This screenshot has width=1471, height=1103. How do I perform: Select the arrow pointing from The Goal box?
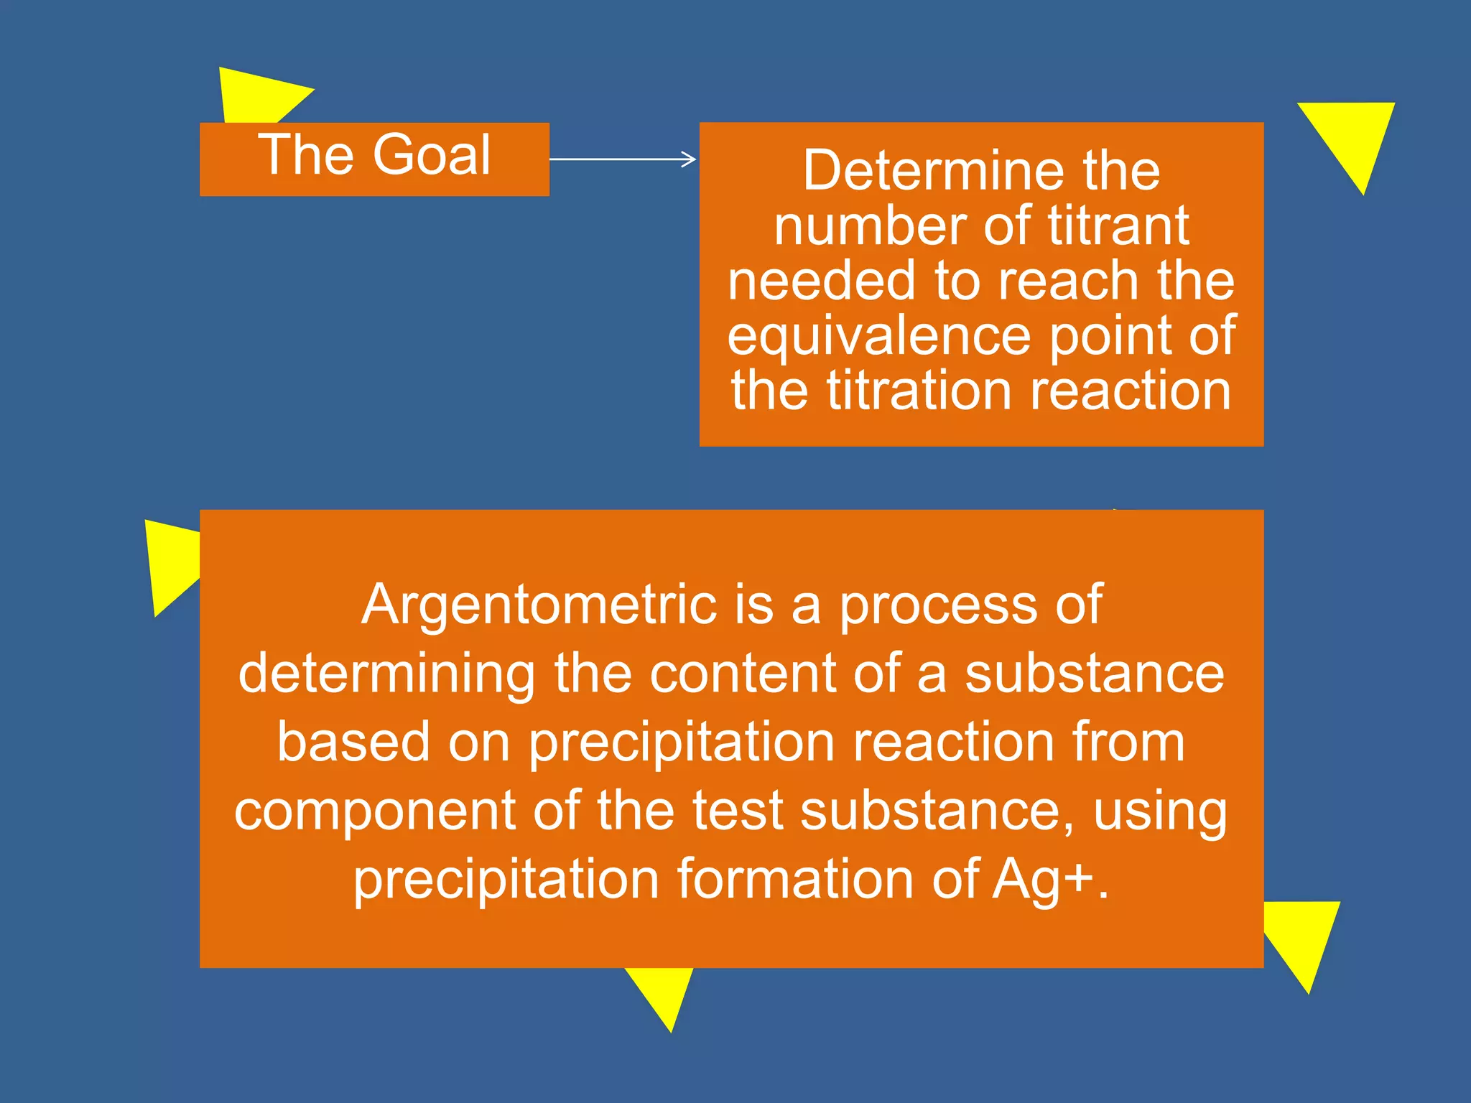click(623, 159)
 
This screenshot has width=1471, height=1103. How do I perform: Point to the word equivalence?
click(879, 336)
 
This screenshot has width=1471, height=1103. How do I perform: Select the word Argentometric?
click(539, 605)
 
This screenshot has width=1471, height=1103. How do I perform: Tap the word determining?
click(386, 674)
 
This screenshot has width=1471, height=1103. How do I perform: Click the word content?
click(743, 674)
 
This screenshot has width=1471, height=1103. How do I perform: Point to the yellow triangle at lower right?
click(1304, 937)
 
